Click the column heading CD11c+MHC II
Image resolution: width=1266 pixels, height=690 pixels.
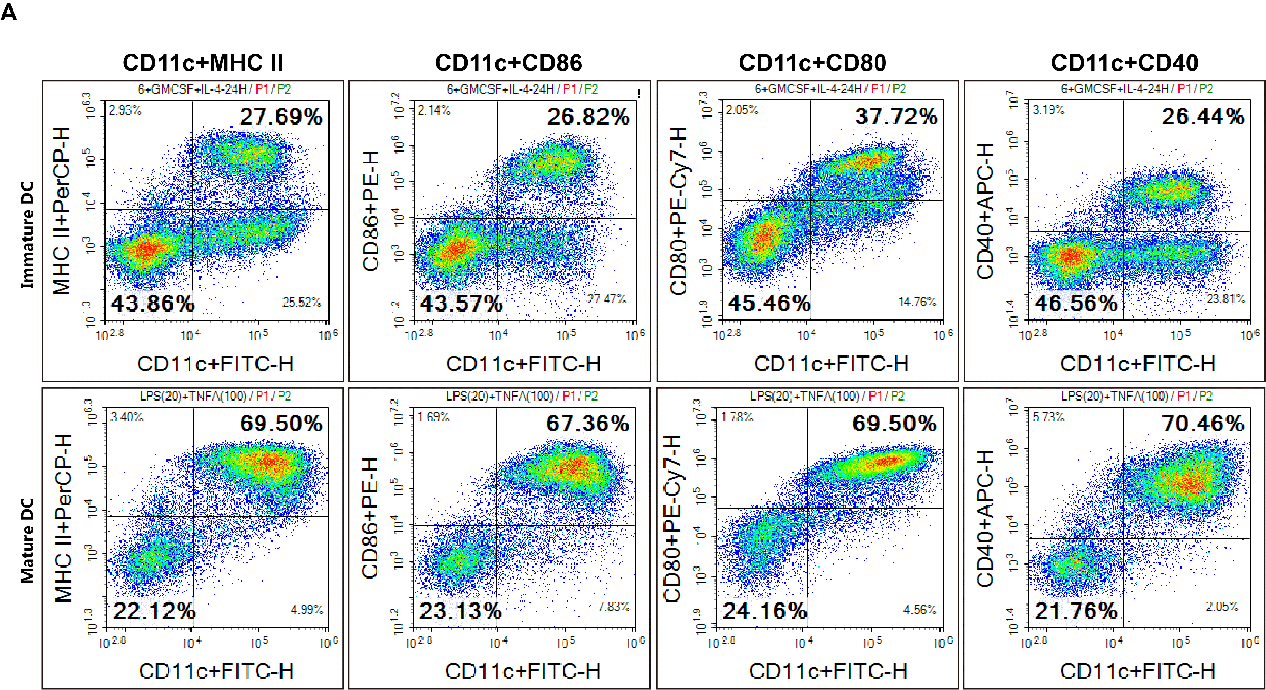click(x=203, y=63)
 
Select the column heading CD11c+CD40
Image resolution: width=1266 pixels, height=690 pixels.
click(x=1124, y=63)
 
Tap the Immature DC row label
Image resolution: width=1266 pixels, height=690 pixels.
click(x=27, y=235)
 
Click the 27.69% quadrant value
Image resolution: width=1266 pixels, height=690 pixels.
click(x=281, y=117)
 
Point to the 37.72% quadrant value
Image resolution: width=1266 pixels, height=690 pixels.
click(x=896, y=117)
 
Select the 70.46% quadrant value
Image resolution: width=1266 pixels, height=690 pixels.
click(x=1203, y=424)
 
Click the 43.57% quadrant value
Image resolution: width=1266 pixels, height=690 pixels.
click(x=461, y=304)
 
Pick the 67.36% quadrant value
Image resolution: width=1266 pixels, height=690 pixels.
click(x=587, y=424)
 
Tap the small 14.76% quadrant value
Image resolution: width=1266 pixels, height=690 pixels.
click(x=917, y=302)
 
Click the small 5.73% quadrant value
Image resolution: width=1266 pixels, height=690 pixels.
click(x=1049, y=417)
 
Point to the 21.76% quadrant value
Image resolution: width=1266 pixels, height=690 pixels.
click(x=1076, y=611)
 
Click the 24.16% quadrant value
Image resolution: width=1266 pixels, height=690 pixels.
click(x=764, y=611)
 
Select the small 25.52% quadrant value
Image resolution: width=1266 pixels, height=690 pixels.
click(x=301, y=302)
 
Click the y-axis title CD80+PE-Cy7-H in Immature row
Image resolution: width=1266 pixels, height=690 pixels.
click(x=679, y=211)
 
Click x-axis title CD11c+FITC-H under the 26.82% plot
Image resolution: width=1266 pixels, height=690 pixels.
click(x=523, y=364)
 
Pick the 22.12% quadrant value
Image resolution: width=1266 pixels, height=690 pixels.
click(x=154, y=611)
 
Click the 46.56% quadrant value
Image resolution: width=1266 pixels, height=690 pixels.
click(x=1076, y=304)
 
